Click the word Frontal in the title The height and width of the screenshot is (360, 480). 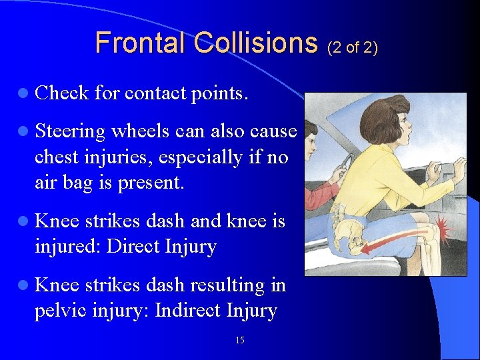coord(141,43)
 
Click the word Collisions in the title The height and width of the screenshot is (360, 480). coord(256,43)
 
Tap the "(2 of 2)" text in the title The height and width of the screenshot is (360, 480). coord(351,47)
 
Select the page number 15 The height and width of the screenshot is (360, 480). coord(240,341)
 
